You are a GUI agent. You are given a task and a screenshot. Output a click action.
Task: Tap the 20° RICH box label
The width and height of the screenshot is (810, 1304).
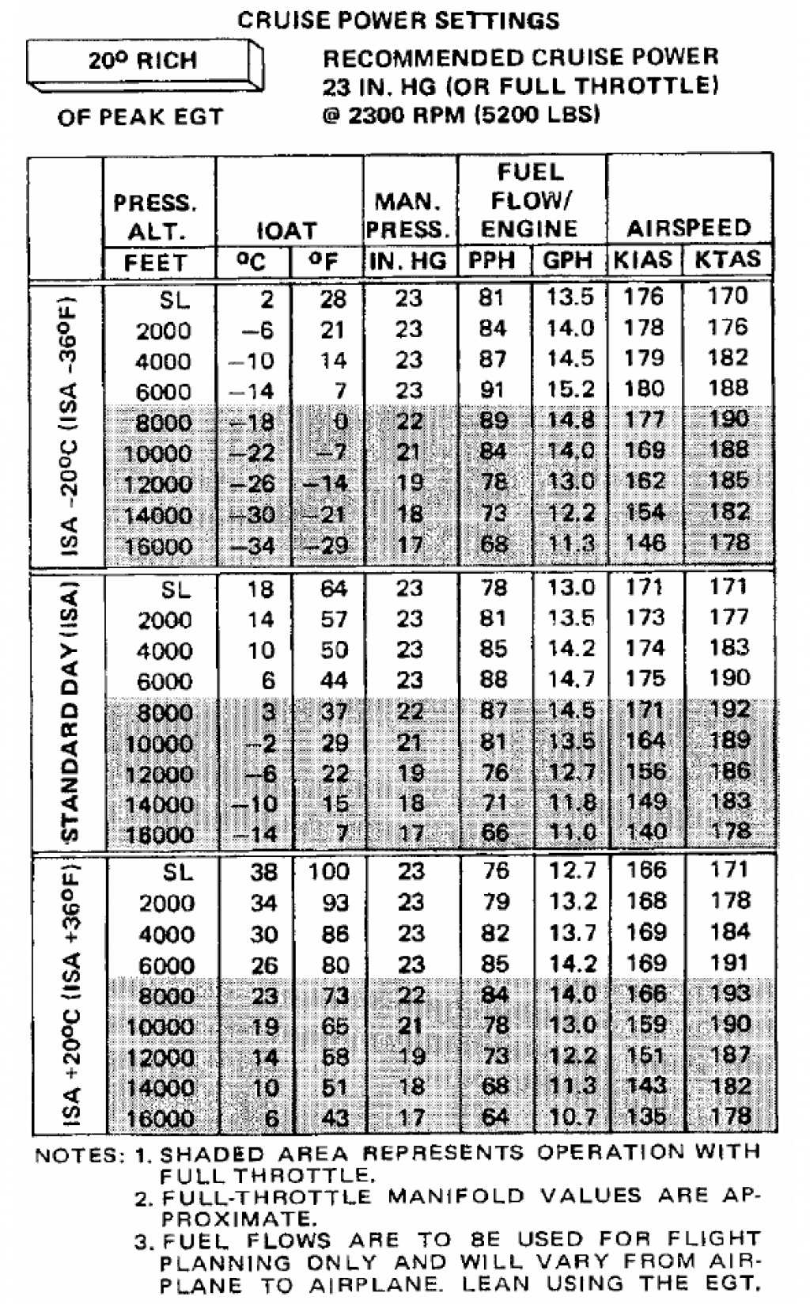coord(142,61)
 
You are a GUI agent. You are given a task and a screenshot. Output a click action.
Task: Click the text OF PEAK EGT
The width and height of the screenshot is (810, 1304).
coord(141,117)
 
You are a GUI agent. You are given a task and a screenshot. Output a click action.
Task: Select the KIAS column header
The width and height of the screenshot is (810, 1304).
coord(643,260)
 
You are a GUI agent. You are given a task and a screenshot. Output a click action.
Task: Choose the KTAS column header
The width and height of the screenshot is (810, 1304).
coord(727,260)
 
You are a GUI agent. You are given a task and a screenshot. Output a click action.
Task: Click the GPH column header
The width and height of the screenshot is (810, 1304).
coord(568,260)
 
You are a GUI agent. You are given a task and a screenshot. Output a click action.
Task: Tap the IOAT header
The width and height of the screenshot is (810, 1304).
coord(286,230)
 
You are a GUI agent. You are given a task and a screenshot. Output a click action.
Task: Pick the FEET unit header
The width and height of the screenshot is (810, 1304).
coord(156,262)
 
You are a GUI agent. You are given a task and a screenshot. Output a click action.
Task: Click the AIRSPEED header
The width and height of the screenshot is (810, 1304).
coord(688,229)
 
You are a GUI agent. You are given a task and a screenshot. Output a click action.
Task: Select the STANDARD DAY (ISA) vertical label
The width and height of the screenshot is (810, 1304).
coord(70,712)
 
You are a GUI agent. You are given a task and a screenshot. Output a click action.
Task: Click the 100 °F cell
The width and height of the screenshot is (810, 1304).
coord(328,872)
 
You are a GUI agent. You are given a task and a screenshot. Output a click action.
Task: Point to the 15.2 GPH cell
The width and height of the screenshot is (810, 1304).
coord(570,389)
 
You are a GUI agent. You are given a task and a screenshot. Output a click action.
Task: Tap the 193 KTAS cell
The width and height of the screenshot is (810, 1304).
coord(729,994)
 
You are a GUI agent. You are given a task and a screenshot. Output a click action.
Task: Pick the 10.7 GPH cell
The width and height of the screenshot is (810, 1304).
coord(572,1117)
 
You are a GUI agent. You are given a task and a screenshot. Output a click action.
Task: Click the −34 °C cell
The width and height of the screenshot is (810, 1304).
coord(254,546)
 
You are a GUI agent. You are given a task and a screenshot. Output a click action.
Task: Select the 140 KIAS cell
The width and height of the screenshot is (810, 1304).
coord(645,832)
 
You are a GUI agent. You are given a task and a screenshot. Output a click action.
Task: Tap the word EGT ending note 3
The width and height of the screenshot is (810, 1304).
coord(734,1283)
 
